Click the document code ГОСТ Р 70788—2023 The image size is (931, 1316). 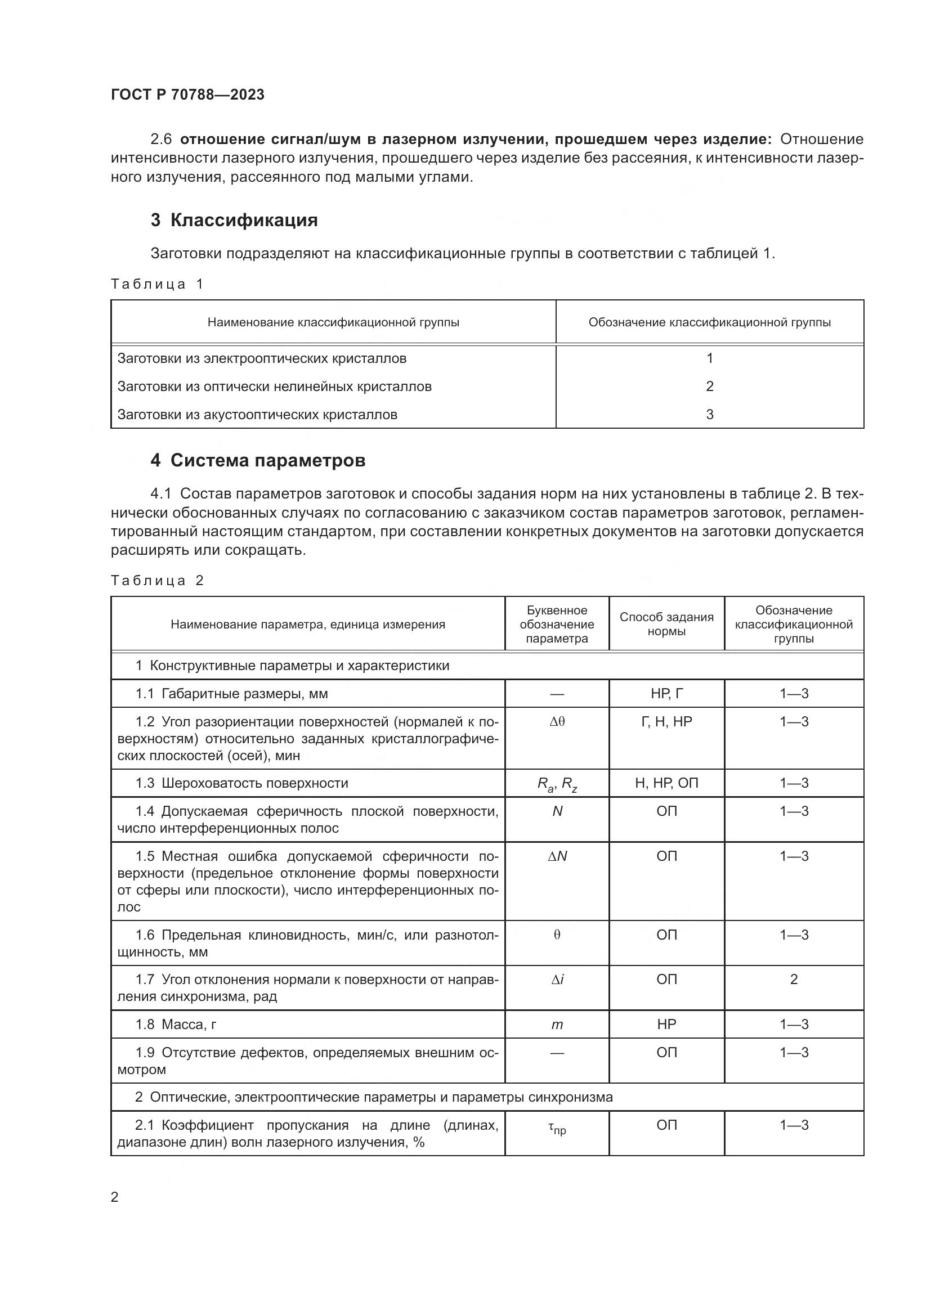coord(187,95)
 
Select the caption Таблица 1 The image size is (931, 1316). coord(157,284)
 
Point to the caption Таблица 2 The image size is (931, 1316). coord(157,581)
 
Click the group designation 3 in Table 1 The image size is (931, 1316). coord(709,415)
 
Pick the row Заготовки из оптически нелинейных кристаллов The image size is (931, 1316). coord(275,387)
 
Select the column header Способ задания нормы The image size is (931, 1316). coord(666,624)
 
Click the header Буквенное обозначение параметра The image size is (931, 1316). coord(557,624)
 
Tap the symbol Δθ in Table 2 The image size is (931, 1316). coord(557,722)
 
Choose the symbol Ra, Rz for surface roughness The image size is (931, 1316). coord(557,784)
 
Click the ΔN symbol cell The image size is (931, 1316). coord(557,856)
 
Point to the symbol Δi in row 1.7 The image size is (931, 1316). coord(557,980)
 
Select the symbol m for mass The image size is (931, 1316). coord(557,1025)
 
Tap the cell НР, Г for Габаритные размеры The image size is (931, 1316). coord(666,694)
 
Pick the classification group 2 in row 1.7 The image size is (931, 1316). coord(794,980)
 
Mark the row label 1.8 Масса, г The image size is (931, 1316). coord(176,1025)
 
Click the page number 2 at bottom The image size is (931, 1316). coord(115,1197)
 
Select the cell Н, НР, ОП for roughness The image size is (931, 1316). coord(666,784)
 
